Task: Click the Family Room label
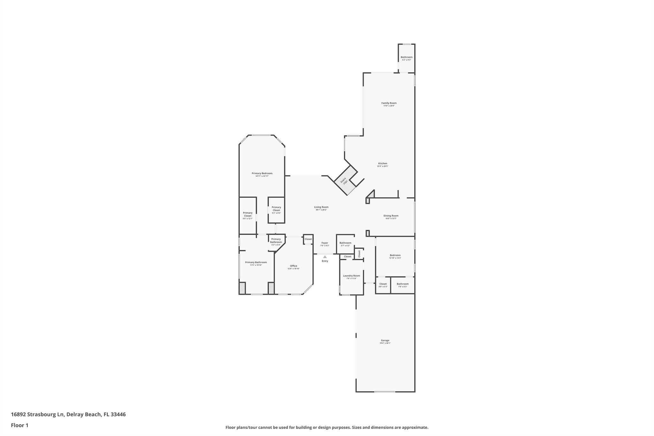(389, 104)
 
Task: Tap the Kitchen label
(382, 164)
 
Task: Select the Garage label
(385, 341)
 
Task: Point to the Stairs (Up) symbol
(344, 181)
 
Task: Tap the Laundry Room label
(351, 277)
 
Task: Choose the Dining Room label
(391, 217)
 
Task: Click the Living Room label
(321, 208)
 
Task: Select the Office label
(293, 267)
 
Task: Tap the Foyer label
(324, 244)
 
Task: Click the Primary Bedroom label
(262, 174)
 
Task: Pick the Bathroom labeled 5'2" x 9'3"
(407, 58)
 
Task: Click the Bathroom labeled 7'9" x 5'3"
(402, 285)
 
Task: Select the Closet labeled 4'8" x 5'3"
(383, 285)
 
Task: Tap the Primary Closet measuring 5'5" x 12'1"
(247, 215)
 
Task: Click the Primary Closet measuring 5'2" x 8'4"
(276, 210)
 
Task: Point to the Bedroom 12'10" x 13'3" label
(395, 256)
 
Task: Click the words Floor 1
(19, 425)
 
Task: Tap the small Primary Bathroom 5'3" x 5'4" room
(276, 241)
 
